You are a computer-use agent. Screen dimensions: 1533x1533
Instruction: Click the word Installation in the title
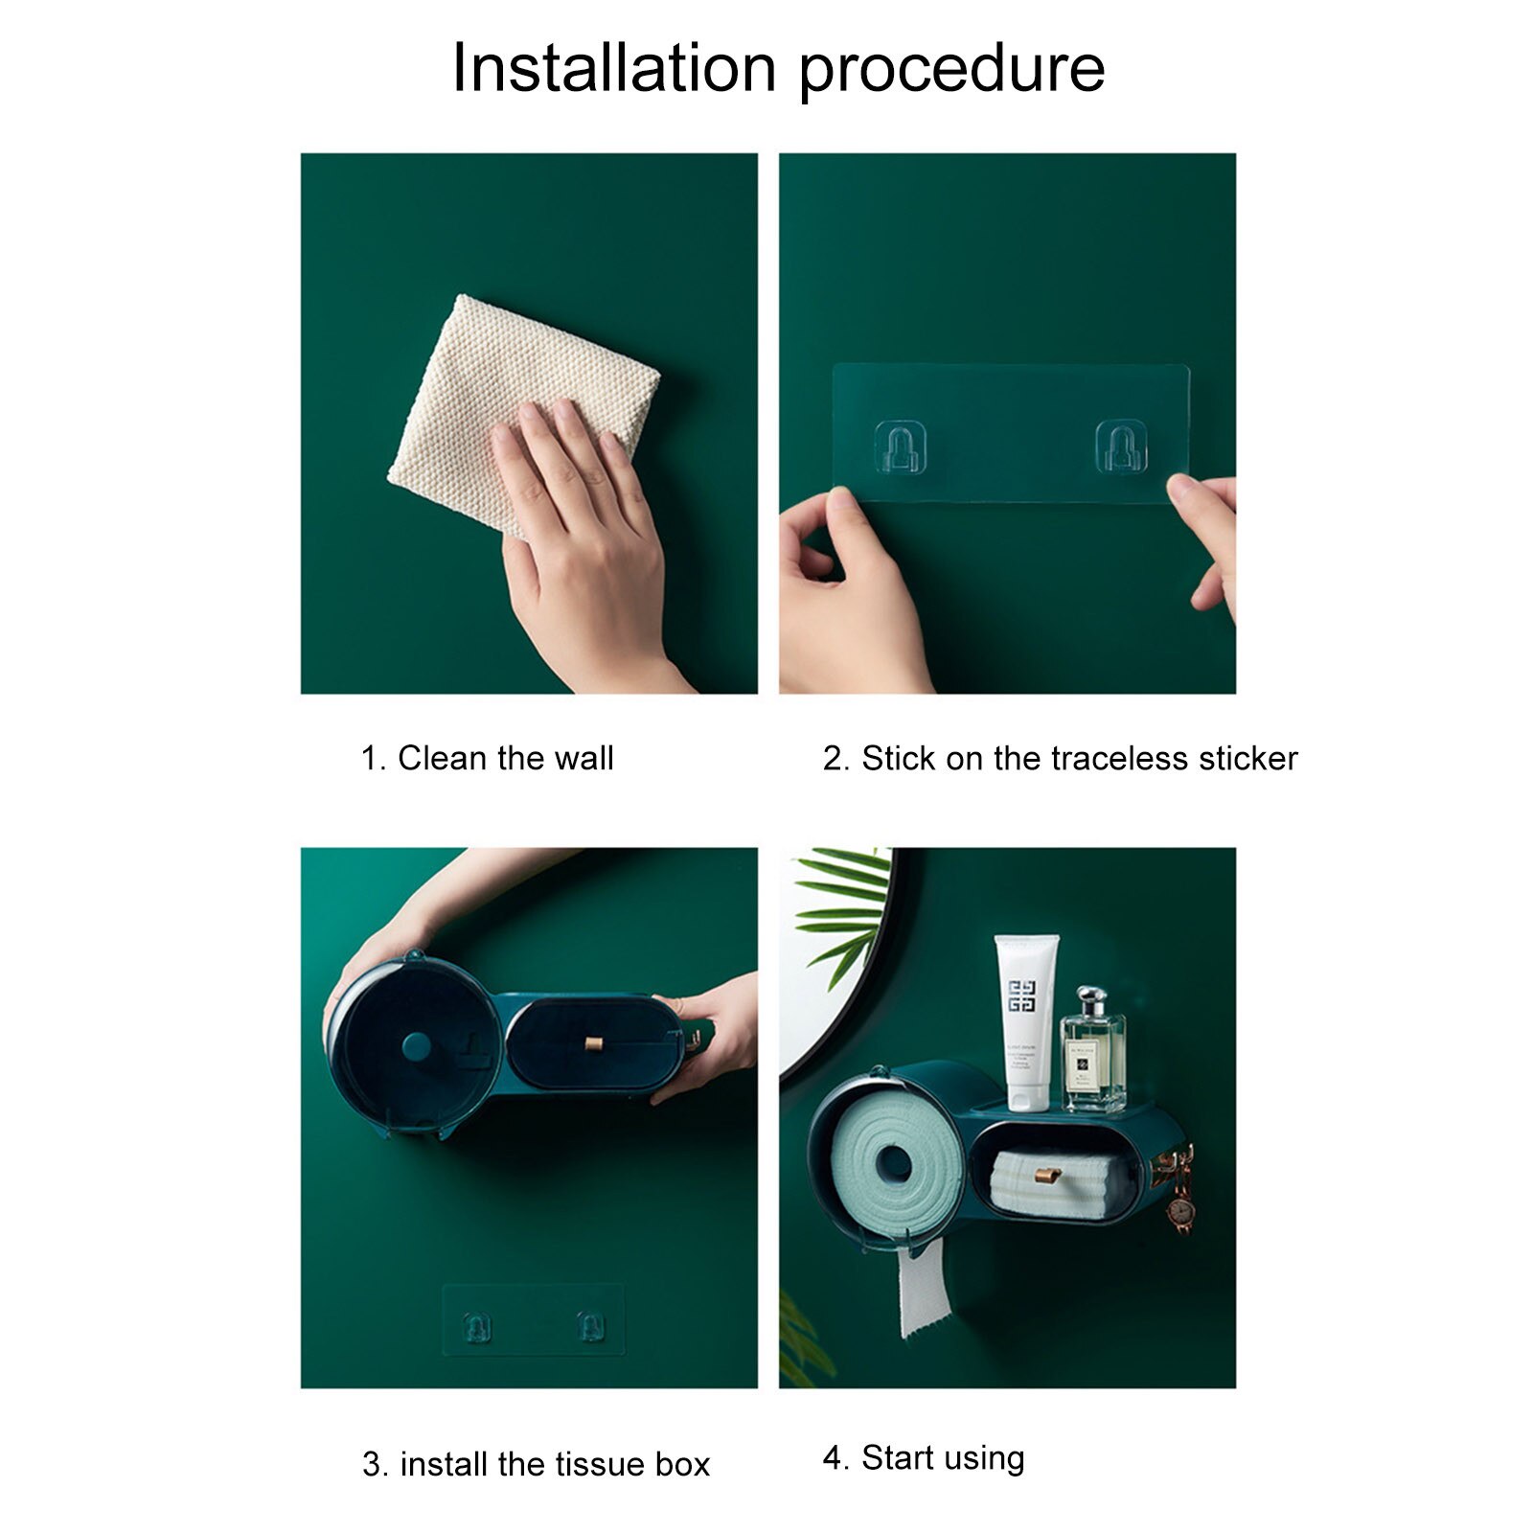tap(613, 69)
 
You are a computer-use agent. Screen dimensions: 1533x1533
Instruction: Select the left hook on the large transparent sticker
tap(900, 447)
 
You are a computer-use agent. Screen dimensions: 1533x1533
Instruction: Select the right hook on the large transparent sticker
tap(1121, 447)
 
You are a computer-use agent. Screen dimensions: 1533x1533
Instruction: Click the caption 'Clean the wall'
tap(505, 759)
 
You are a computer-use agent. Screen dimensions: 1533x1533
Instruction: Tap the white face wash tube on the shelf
tap(1026, 1020)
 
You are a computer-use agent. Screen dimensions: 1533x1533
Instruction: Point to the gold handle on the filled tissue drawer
tap(1048, 1176)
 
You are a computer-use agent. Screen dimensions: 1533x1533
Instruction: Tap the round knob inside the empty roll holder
tap(416, 1046)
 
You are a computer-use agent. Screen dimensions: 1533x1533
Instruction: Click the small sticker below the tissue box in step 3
tap(533, 1320)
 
